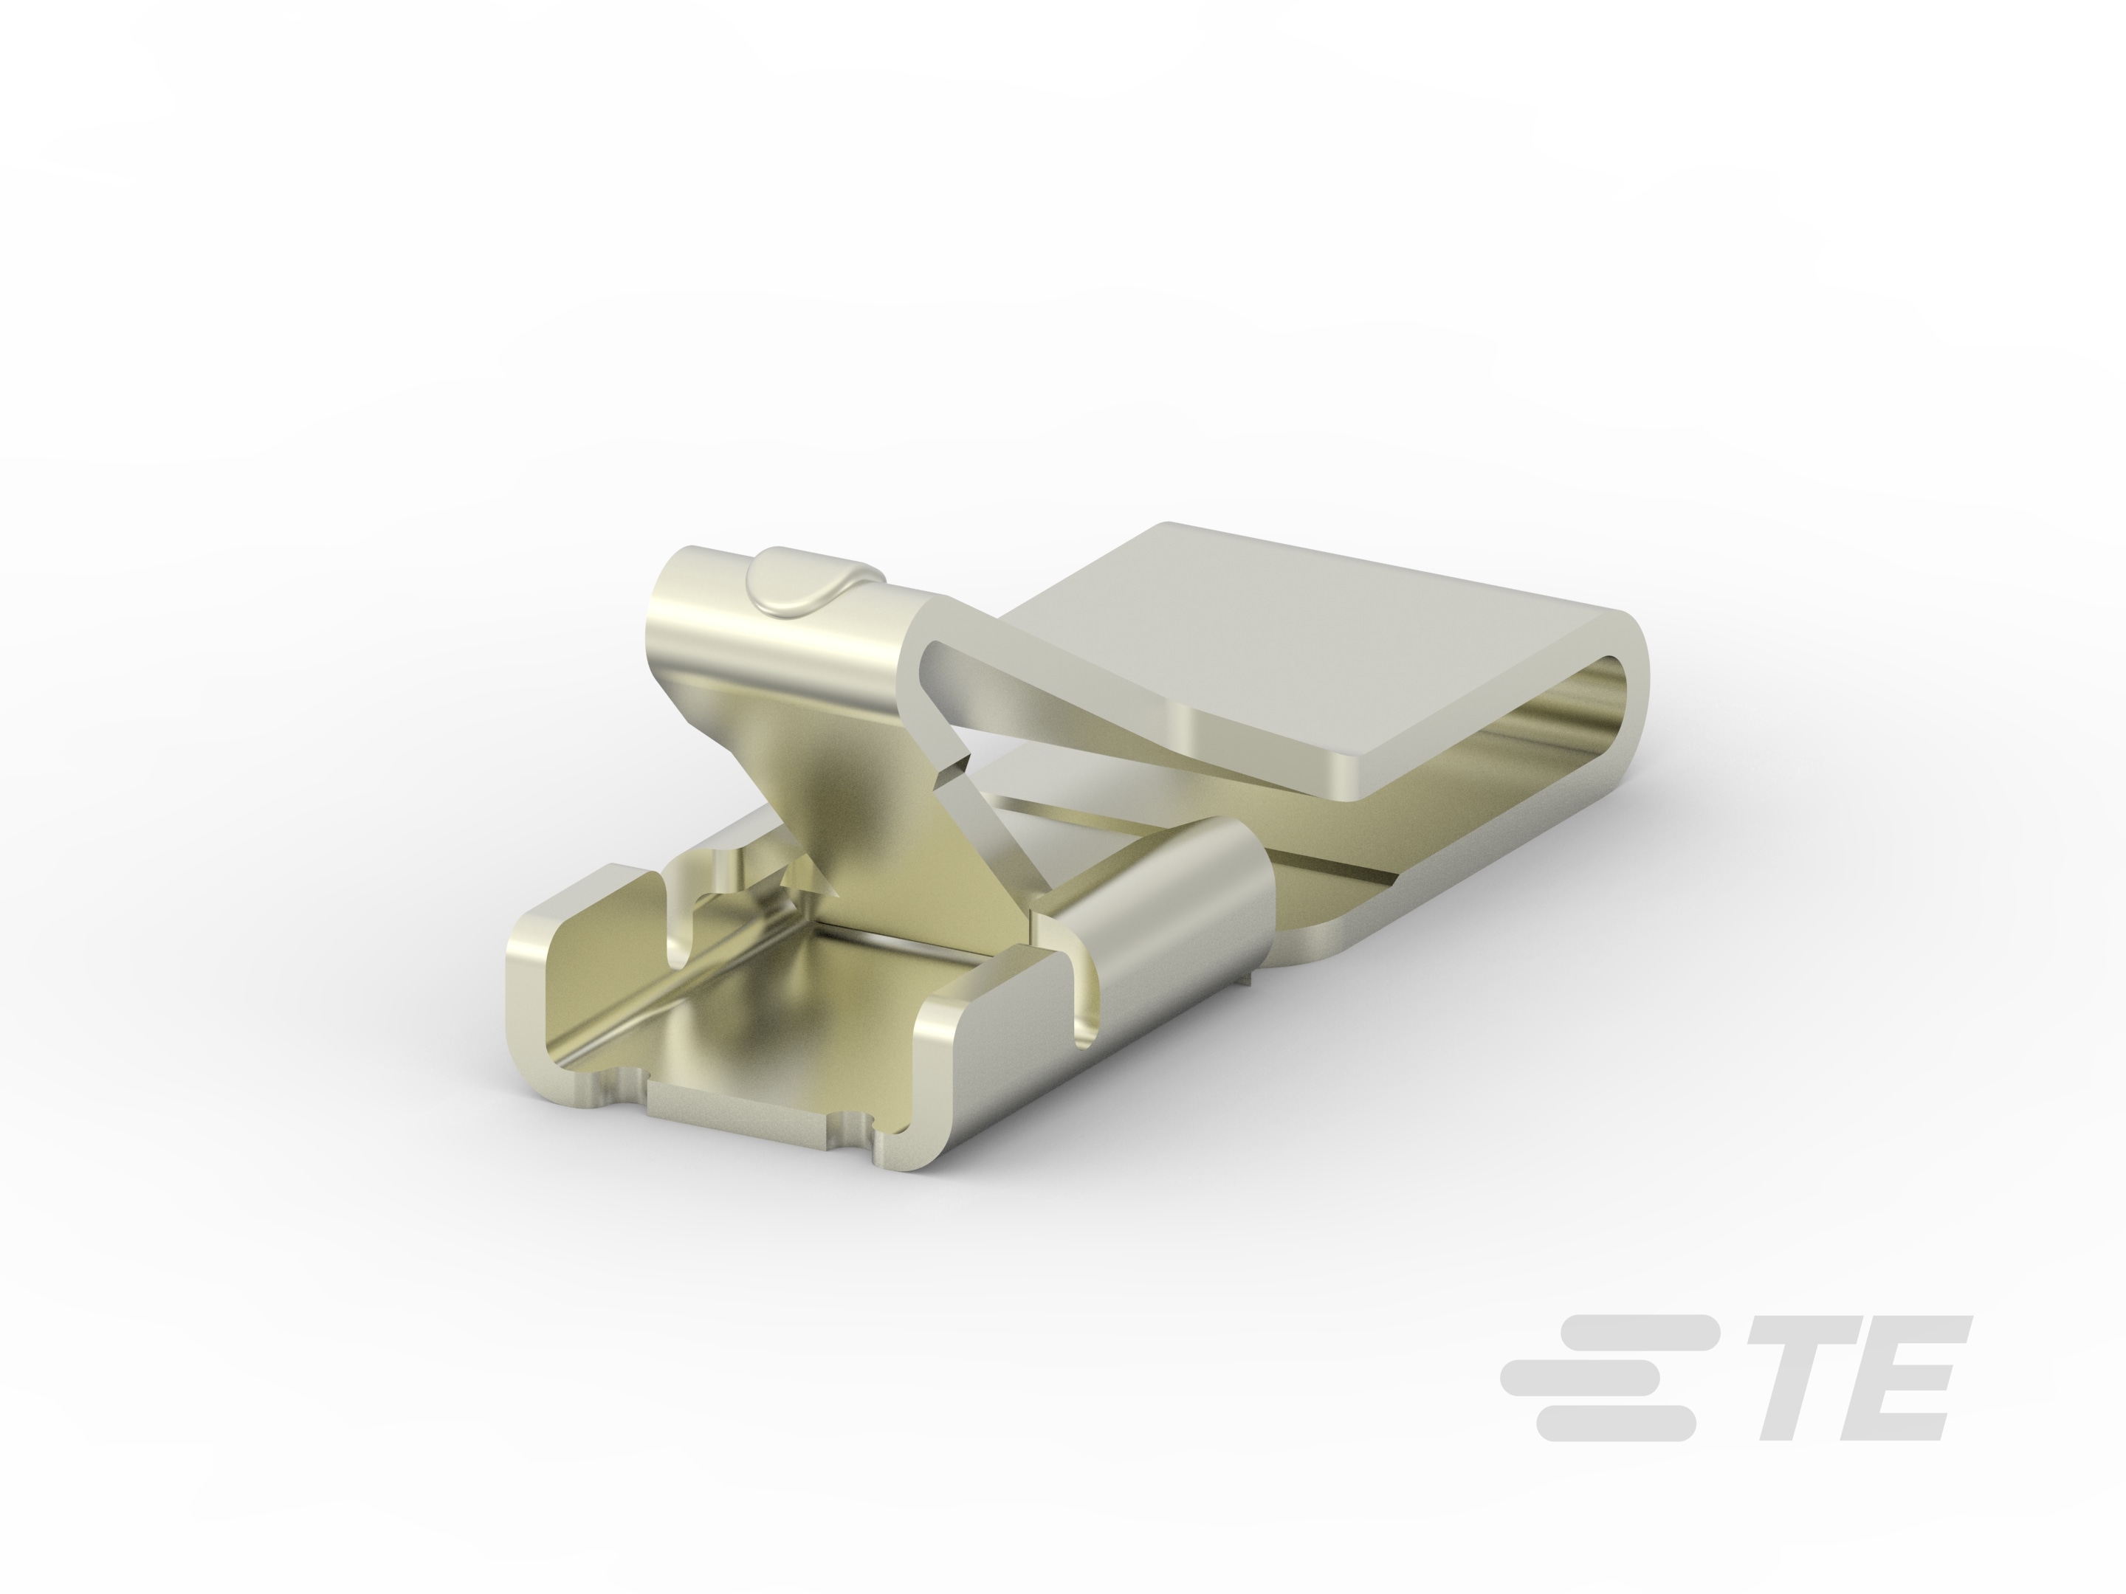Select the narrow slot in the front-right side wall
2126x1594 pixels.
(x=1081, y=999)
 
